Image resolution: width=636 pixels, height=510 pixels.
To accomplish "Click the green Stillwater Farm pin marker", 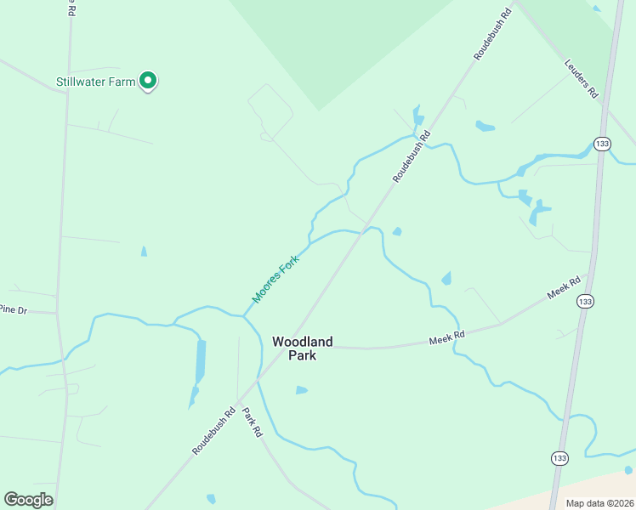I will [148, 81].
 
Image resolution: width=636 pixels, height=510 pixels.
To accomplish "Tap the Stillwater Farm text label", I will [96, 82].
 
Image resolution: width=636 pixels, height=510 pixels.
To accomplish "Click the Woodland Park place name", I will [302, 348].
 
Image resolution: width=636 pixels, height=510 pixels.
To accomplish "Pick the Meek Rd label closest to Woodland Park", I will [446, 338].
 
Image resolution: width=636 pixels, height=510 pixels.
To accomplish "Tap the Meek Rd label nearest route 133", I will [564, 287].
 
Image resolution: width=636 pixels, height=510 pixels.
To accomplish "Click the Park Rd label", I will [253, 422].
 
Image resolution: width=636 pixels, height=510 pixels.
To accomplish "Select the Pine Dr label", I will [13, 310].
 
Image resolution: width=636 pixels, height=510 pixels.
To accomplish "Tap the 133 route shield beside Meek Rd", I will [584, 301].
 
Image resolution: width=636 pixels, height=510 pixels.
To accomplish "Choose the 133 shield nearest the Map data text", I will [559, 457].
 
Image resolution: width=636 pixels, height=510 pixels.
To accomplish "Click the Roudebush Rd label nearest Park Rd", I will [213, 432].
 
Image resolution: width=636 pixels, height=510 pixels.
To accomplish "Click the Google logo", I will [28, 500].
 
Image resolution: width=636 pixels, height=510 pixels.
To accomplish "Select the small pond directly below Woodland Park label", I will [301, 390].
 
